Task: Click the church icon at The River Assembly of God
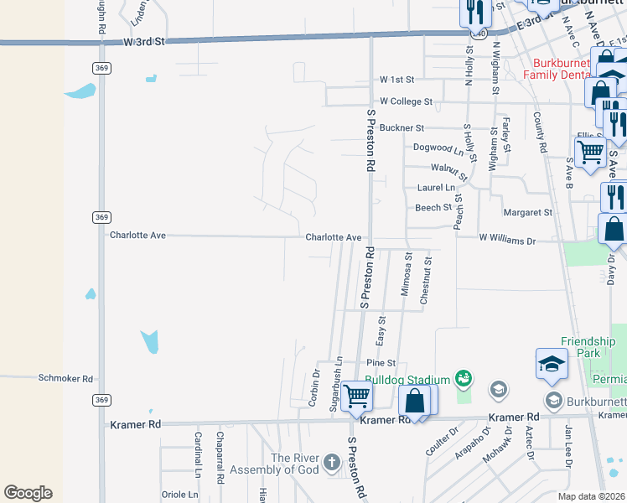(331, 462)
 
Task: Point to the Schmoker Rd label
(65, 379)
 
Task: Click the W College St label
(406, 101)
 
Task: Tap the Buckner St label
(402, 128)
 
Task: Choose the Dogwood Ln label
(438, 148)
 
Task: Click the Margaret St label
(527, 213)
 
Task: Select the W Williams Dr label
(506, 238)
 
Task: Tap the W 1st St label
(396, 80)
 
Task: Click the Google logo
(28, 492)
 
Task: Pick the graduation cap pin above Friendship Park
(552, 363)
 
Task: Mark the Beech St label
(433, 208)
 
